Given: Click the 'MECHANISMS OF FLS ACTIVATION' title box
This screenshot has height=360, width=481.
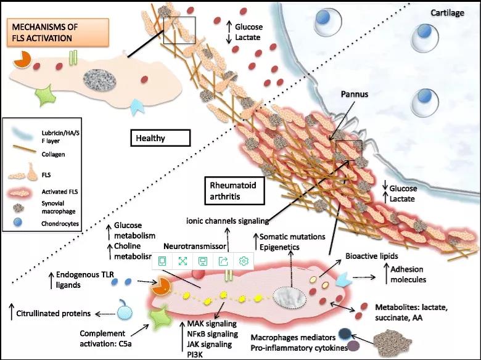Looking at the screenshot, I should pyautogui.click(x=57, y=32).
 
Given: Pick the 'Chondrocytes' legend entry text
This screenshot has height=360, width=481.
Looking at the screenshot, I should pyautogui.click(x=57, y=224).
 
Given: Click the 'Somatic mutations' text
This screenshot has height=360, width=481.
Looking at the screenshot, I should pyautogui.click(x=294, y=236).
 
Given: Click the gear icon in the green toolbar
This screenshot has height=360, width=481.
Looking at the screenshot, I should pyautogui.click(x=244, y=261).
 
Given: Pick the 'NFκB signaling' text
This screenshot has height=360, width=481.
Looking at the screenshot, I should pyautogui.click(x=208, y=333).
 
